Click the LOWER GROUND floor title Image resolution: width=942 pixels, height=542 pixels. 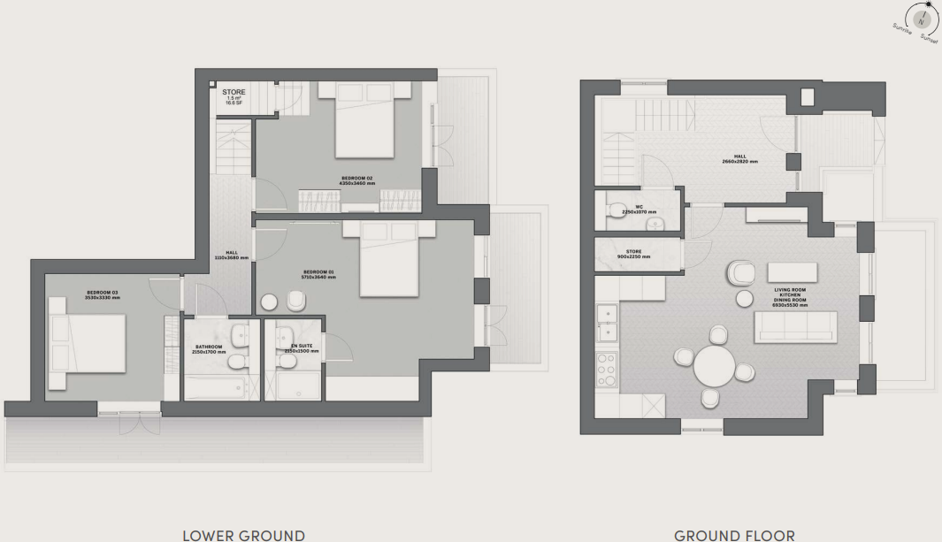tap(243, 535)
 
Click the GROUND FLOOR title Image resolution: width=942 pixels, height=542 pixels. tap(734, 535)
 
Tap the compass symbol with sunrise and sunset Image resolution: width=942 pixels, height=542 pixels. tap(922, 19)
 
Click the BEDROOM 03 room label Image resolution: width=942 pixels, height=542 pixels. tap(103, 294)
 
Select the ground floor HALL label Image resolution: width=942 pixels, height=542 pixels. tap(739, 161)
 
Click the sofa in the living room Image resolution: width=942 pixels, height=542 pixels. tap(795, 326)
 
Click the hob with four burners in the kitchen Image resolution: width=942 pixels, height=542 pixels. tap(608, 370)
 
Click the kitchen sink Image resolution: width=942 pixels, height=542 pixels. tap(607, 322)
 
